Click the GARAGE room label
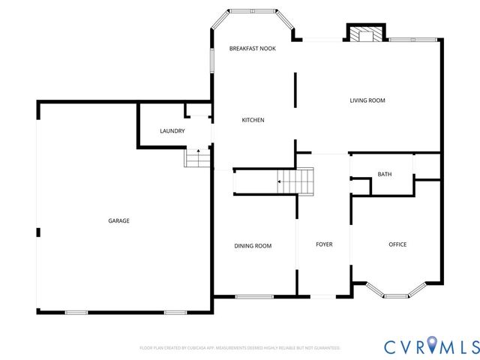(x=118, y=220)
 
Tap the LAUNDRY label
(x=172, y=131)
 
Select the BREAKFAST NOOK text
(x=252, y=48)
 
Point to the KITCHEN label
(x=252, y=120)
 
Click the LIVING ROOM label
(x=367, y=100)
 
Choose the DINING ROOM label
(x=253, y=245)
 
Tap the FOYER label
(x=324, y=244)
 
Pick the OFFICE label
(x=397, y=244)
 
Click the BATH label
(x=384, y=174)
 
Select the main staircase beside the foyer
(x=295, y=181)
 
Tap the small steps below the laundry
(x=197, y=158)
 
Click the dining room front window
(x=253, y=296)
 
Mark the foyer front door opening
(x=324, y=296)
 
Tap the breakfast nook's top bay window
(x=252, y=11)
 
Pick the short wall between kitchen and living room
(x=295, y=91)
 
